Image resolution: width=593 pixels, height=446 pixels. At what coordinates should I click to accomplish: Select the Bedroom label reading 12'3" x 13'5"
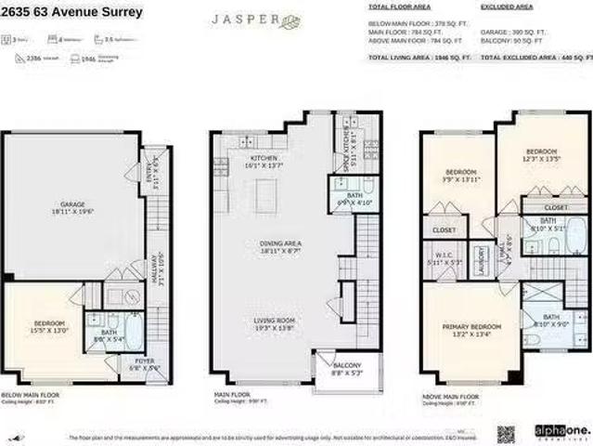(542, 154)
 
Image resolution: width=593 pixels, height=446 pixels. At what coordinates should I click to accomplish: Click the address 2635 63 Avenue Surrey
(72, 13)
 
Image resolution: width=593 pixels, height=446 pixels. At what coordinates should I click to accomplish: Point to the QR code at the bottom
(505, 433)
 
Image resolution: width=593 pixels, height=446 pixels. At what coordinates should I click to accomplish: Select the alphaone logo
(558, 431)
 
